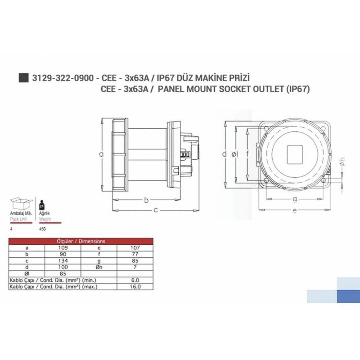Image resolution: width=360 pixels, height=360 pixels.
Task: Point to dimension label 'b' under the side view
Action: [146, 200]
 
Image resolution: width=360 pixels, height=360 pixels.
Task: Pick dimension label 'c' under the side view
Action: [156, 210]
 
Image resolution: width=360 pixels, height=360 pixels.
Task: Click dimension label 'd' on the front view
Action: [225, 154]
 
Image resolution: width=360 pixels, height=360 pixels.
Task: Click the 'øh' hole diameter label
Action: [342, 165]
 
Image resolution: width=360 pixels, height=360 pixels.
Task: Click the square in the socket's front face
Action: [295, 153]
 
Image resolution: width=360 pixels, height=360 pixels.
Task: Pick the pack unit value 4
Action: [11, 229]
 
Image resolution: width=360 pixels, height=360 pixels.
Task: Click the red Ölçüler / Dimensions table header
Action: [81, 241]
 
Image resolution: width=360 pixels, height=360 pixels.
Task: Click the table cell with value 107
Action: [135, 247]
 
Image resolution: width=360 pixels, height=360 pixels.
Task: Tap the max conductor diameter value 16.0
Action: [135, 286]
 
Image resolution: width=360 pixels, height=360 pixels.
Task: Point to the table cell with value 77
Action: [135, 254]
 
